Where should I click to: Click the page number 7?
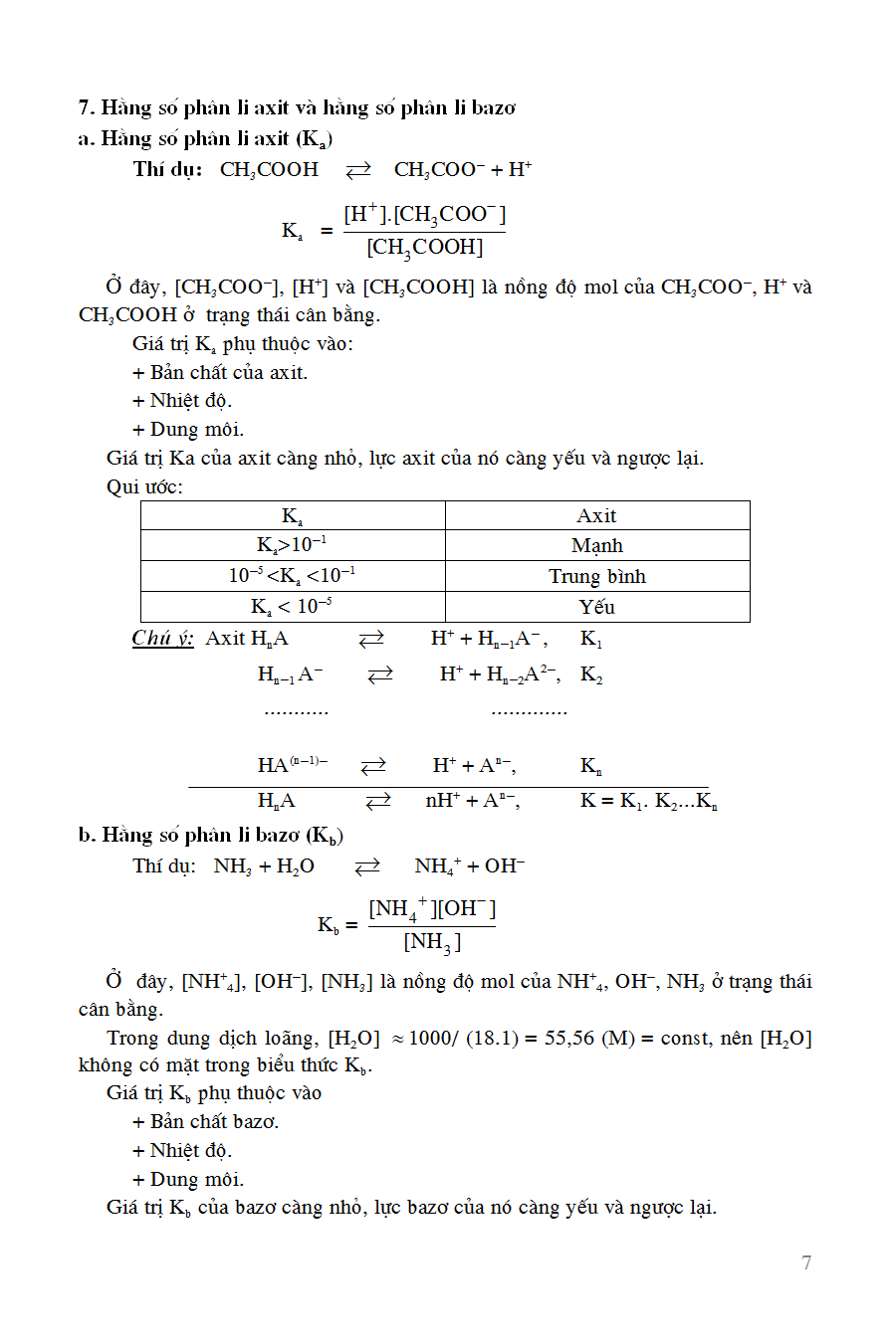(806, 1262)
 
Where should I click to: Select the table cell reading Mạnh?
(596, 545)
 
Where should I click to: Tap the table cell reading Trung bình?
(596, 576)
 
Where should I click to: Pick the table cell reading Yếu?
(596, 607)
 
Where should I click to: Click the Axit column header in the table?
(596, 515)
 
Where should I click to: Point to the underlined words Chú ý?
(162, 639)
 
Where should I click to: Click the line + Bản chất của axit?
(220, 372)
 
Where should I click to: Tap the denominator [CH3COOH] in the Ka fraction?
(424, 248)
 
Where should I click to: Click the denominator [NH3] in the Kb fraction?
(432, 942)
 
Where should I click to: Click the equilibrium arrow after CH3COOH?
(357, 170)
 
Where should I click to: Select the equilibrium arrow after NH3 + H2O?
(367, 866)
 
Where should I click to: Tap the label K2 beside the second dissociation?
(591, 675)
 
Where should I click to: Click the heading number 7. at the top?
(87, 107)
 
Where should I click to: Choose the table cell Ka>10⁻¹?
(292, 545)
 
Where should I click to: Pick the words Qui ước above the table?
(144, 486)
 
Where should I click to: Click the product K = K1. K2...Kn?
(648, 801)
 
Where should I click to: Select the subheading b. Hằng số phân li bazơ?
(211, 836)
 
